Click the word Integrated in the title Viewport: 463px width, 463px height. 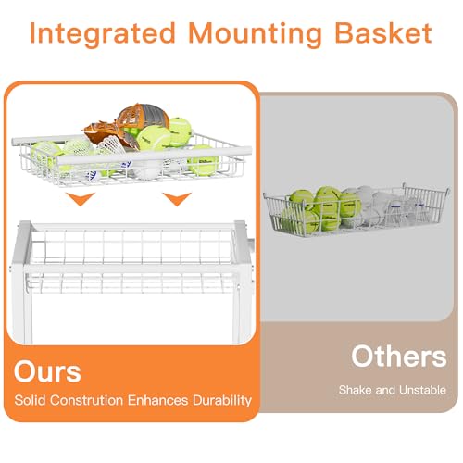coord(103,34)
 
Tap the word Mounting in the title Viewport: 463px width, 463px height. coord(255,34)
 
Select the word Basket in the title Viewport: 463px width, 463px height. coord(383,32)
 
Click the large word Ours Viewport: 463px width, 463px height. coord(47,371)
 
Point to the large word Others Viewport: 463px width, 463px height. coord(399,356)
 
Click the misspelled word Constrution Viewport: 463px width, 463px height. coord(86,400)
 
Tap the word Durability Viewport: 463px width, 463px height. coord(222,400)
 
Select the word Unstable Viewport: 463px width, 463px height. coord(422,390)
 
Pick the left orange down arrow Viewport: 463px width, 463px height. coord(81,199)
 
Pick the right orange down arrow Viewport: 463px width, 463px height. coord(177,199)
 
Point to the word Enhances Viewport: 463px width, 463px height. coord(157,400)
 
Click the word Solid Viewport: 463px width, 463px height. coord(31,400)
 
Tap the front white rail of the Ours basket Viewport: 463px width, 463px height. coord(154,156)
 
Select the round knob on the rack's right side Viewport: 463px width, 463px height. coord(251,244)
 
